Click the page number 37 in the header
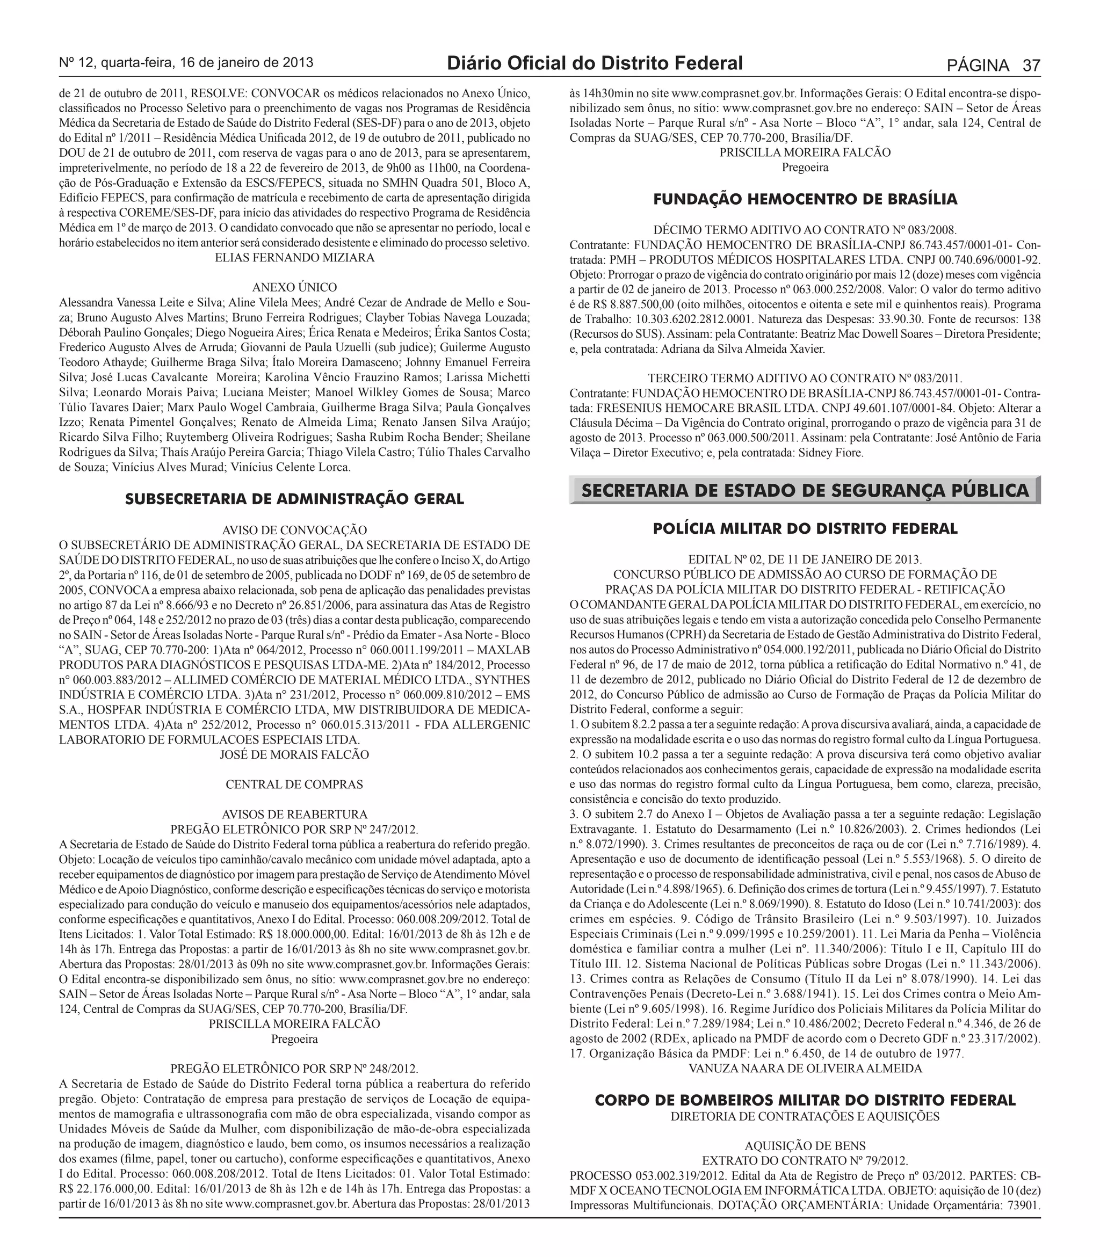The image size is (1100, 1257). click(1031, 65)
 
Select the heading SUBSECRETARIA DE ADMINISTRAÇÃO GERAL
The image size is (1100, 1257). click(295, 499)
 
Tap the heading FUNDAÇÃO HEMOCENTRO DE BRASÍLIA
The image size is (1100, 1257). click(805, 199)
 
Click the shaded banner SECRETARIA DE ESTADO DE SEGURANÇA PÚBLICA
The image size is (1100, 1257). click(805, 490)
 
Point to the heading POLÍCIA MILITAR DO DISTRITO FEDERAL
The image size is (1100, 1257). click(805, 528)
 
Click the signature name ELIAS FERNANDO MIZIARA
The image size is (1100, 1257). click(295, 258)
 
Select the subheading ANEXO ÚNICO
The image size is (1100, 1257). click(295, 287)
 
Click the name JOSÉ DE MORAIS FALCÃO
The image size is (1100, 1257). click(295, 754)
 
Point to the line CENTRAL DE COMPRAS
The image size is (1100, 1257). click(295, 784)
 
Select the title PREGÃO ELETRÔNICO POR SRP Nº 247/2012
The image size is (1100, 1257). click(295, 829)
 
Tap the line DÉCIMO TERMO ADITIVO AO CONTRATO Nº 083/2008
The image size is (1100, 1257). click(805, 230)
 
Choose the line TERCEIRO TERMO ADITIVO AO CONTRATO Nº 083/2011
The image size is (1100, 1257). click(805, 378)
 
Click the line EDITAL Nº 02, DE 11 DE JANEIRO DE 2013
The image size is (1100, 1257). click(805, 559)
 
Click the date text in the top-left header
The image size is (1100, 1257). click(186, 63)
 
